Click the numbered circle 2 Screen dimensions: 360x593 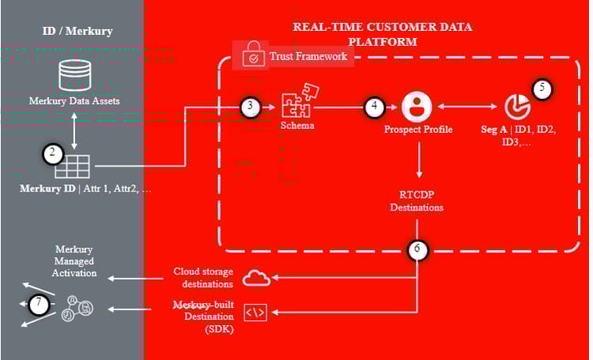coord(52,153)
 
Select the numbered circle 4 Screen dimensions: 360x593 coord(374,106)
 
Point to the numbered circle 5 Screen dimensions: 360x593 coord(542,88)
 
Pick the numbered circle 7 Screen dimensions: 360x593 coord(39,303)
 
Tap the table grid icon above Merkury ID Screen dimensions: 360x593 coord(77,165)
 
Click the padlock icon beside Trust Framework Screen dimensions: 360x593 coord(253,57)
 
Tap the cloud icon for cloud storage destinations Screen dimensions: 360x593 coord(257,278)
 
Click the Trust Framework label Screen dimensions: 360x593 coord(308,57)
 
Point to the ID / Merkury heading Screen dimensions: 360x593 coord(77,32)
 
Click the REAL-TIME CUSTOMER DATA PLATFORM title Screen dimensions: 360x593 coord(383,34)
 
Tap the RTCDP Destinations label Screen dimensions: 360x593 coord(417,201)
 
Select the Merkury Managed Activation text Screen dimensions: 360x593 coord(76,261)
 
